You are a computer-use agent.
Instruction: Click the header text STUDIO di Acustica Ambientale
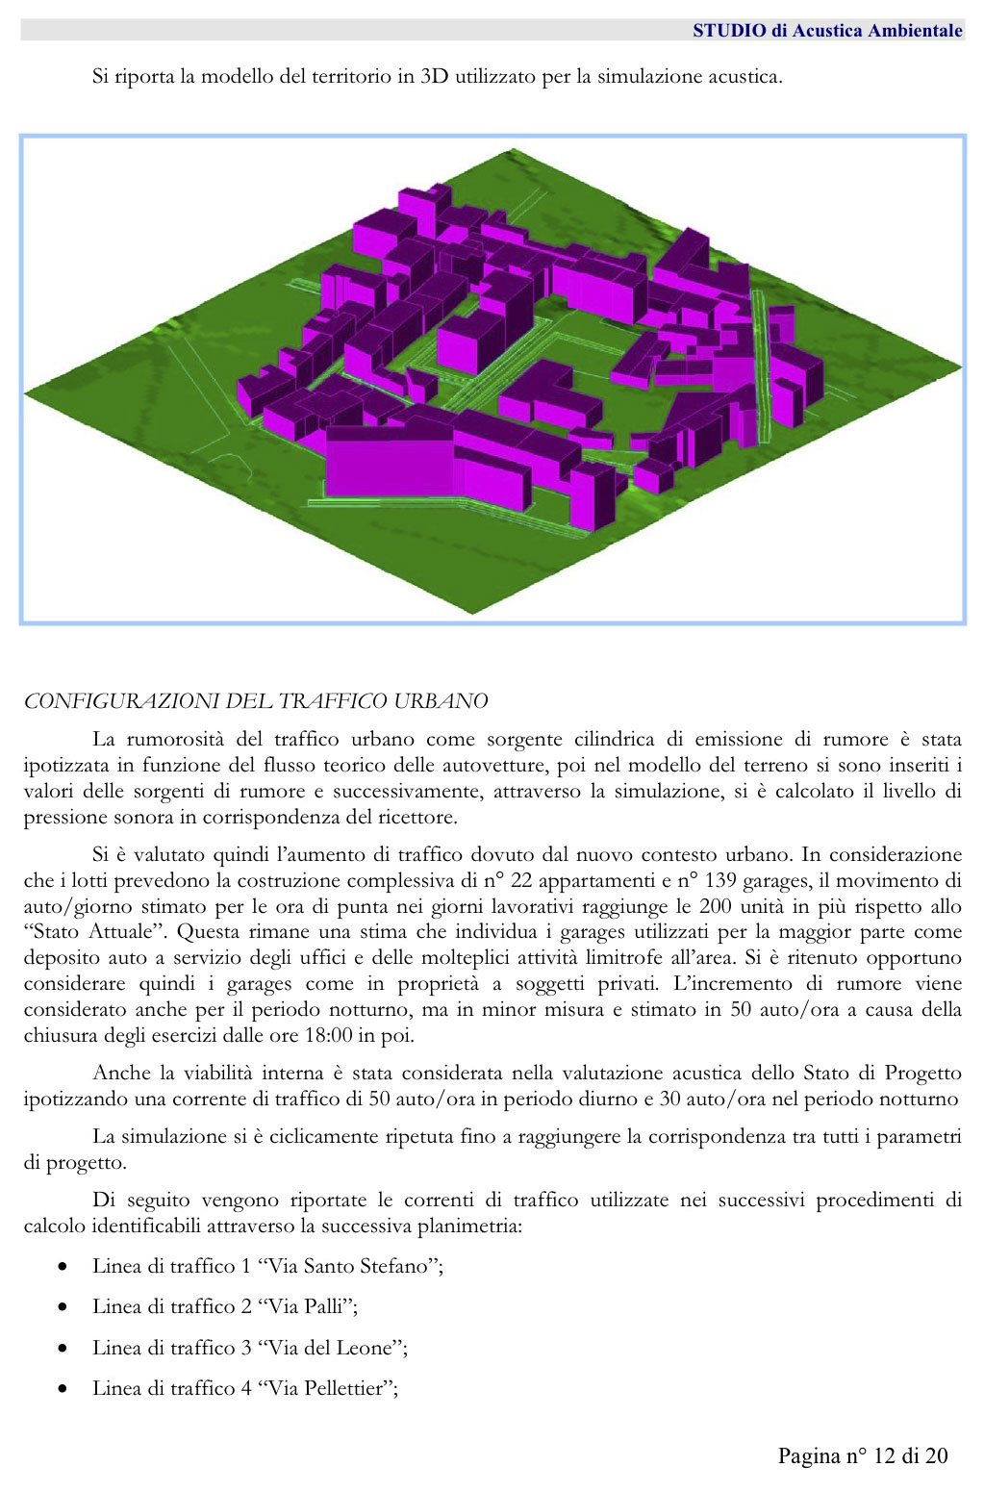click(x=827, y=31)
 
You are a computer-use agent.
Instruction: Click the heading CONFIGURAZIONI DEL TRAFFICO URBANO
click(x=256, y=701)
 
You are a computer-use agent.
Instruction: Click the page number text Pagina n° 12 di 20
click(x=863, y=1455)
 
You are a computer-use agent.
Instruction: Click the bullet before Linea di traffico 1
click(x=63, y=1267)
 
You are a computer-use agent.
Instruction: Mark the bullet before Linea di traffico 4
click(x=63, y=1389)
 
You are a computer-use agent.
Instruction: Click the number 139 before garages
click(x=720, y=880)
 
